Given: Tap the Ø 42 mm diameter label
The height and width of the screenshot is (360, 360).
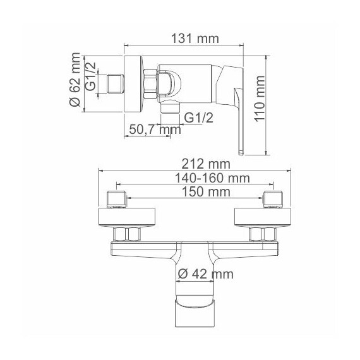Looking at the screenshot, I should [205, 273].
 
